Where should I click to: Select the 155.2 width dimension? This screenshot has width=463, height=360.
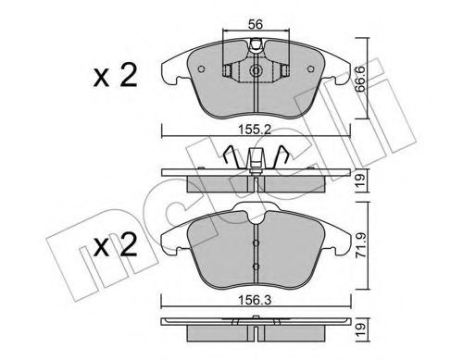coord(254,131)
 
